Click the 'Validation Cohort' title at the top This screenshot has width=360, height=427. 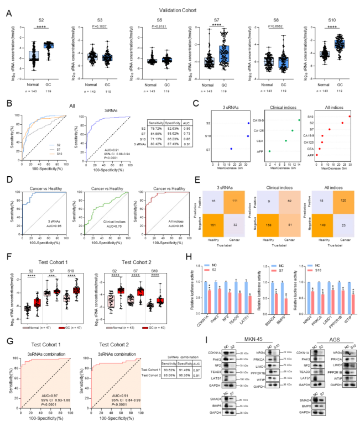179,9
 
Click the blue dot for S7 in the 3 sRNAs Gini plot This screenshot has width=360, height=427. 231,149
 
